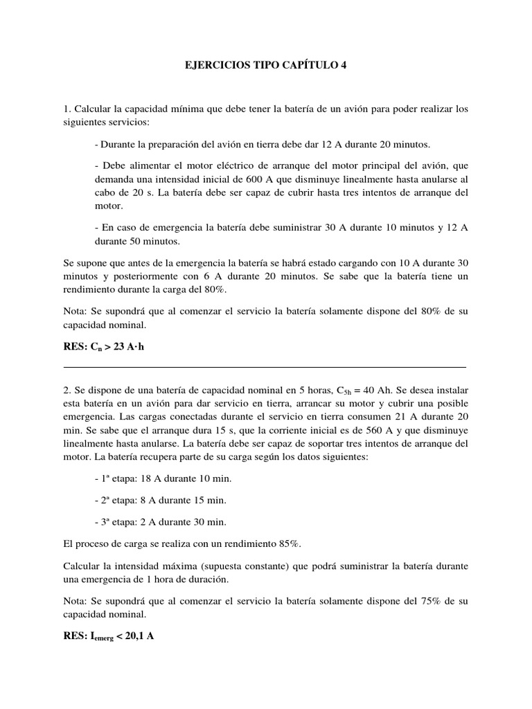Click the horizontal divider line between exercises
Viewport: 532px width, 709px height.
(x=265, y=367)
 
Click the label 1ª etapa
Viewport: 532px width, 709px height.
(x=116, y=479)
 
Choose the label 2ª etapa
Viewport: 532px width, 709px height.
(x=116, y=501)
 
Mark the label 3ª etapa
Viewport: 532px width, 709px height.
(x=116, y=522)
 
